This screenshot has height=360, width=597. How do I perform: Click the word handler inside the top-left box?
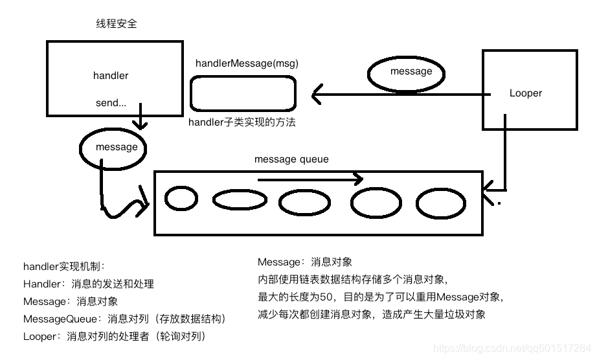pyautogui.click(x=111, y=76)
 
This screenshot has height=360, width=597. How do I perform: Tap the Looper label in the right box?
pyautogui.click(x=525, y=93)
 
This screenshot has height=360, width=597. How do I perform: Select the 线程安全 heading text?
pyautogui.click(x=117, y=24)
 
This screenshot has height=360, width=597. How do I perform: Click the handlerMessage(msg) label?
pyautogui.click(x=247, y=63)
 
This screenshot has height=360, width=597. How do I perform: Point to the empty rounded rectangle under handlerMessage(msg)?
pyautogui.click(x=243, y=94)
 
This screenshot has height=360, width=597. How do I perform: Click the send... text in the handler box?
pyautogui.click(x=111, y=103)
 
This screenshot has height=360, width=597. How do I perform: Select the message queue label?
pyautogui.click(x=291, y=159)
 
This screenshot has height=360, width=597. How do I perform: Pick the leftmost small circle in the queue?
pyautogui.click(x=181, y=198)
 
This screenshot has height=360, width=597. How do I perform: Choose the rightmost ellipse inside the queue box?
pyautogui.click(x=441, y=203)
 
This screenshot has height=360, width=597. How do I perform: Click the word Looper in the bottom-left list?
pyautogui.click(x=41, y=337)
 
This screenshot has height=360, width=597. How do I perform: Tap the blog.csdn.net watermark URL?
pyautogui.click(x=512, y=348)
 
